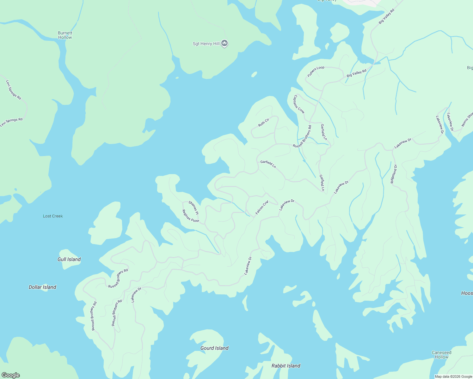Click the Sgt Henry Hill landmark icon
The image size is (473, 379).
(224, 43)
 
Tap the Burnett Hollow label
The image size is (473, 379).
(65, 35)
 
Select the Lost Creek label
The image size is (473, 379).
(53, 216)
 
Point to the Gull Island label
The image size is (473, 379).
(69, 259)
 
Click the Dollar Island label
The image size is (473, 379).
(42, 287)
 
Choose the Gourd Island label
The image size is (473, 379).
(214, 348)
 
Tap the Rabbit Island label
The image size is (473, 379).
(286, 366)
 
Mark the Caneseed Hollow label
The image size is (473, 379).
(441, 355)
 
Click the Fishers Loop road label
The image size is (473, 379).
(316, 72)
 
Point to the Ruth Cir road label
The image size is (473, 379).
(264, 123)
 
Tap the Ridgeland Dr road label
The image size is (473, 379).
(394, 174)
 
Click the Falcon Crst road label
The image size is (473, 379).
(262, 208)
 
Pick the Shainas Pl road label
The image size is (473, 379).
(193, 208)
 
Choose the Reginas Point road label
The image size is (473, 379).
(191, 216)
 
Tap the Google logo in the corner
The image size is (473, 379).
(11, 375)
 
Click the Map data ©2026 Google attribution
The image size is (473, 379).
(453, 376)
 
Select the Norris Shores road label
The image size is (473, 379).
(467, 119)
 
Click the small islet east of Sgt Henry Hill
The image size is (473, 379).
(254, 75)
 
